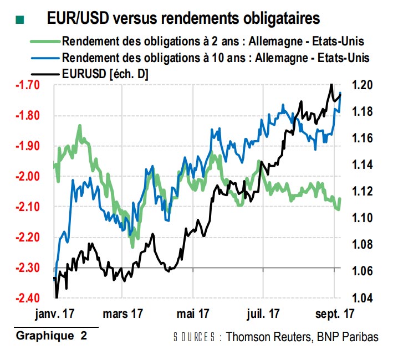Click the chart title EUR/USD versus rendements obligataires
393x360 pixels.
pyautogui.click(x=183, y=18)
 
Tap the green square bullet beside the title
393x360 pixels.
pyautogui.click(x=21, y=20)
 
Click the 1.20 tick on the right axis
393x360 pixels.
pyautogui.click(x=363, y=85)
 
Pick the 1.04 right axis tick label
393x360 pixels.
pyautogui.click(x=363, y=299)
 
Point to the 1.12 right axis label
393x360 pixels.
pyautogui.click(x=363, y=192)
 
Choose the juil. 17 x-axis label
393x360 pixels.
pyautogui.click(x=262, y=313)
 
